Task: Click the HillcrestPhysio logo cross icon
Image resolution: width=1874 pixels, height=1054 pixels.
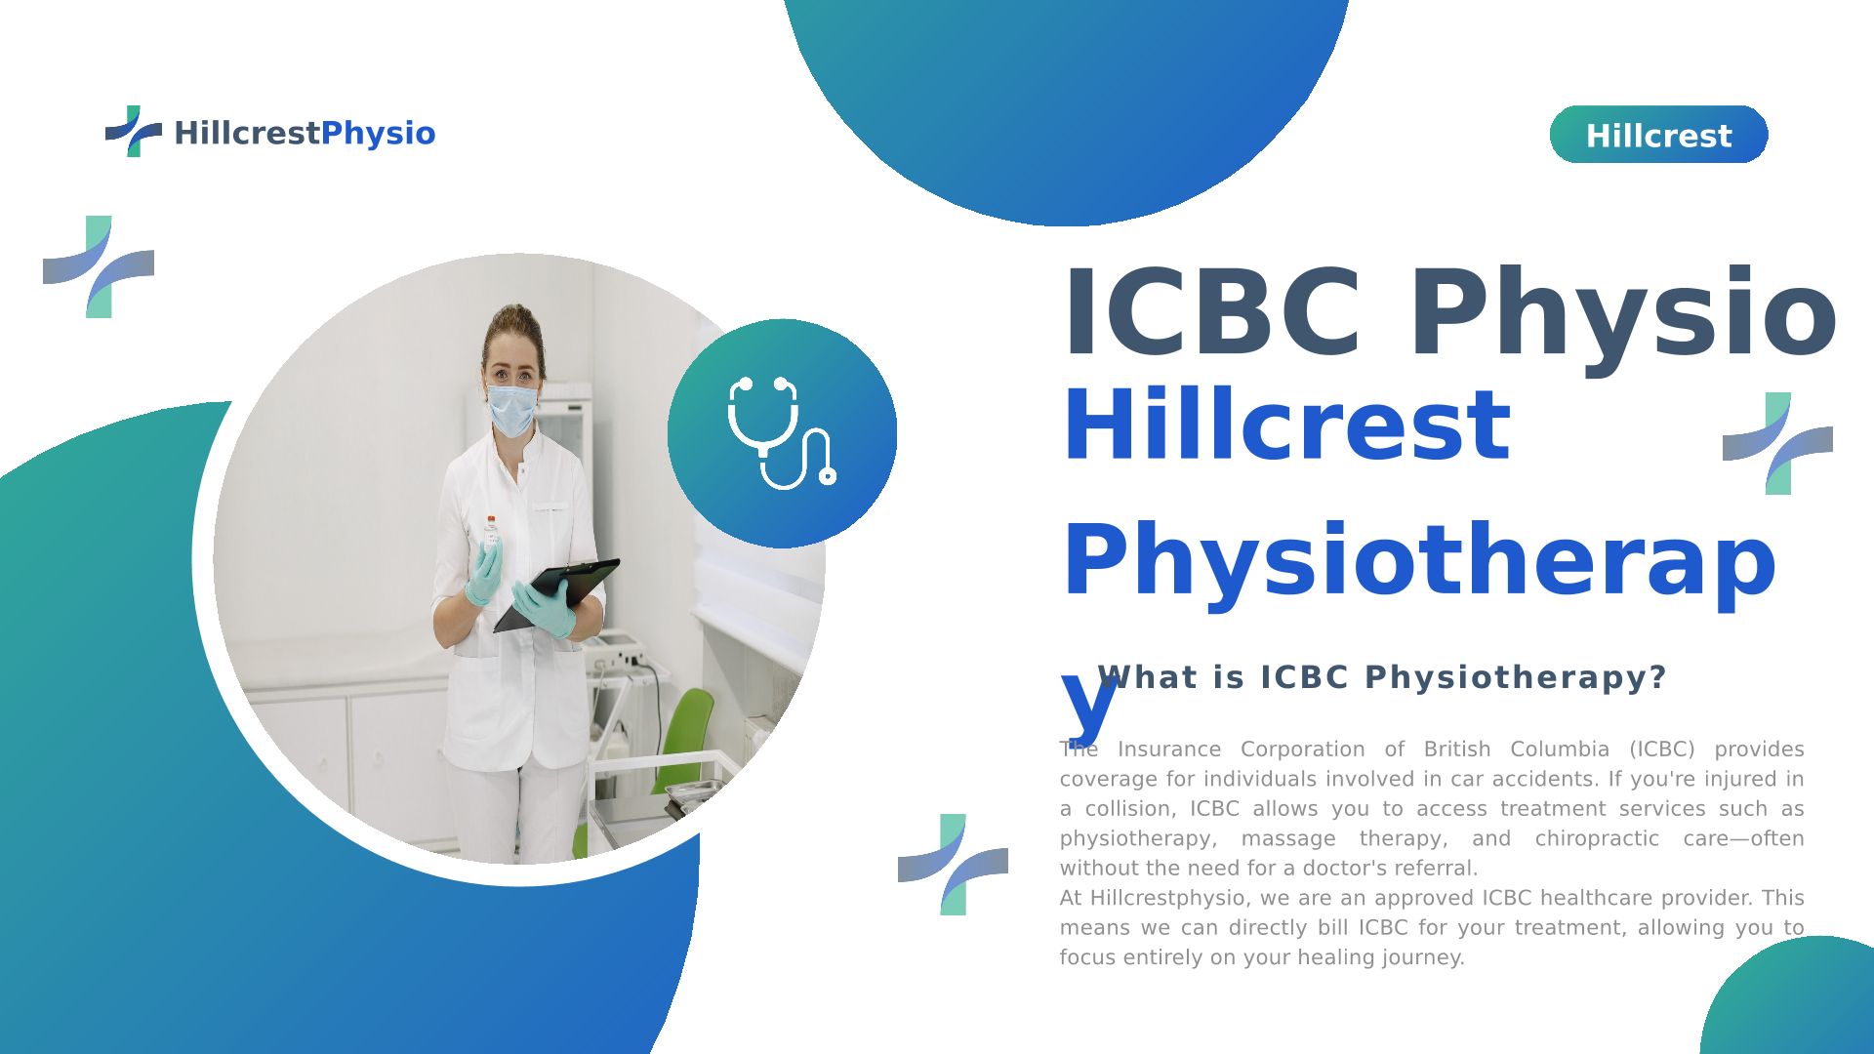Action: click(134, 131)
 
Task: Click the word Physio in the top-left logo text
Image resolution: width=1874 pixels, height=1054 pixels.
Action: click(378, 134)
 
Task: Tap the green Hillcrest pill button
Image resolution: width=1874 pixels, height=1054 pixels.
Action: click(1658, 135)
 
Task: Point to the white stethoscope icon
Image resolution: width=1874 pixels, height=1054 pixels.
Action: click(782, 432)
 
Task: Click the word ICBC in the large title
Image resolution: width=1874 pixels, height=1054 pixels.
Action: click(1212, 313)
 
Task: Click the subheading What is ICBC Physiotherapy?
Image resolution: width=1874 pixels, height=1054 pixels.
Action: click(1382, 677)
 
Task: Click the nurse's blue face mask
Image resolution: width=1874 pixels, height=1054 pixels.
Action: click(511, 409)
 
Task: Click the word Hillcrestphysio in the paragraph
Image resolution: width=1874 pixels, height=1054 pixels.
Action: click(1168, 899)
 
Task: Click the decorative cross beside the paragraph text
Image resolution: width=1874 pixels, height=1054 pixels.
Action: click(953, 865)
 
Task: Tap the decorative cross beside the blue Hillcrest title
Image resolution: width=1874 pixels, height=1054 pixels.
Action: click(1777, 444)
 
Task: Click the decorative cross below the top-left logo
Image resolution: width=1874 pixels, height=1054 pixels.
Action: click(99, 266)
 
